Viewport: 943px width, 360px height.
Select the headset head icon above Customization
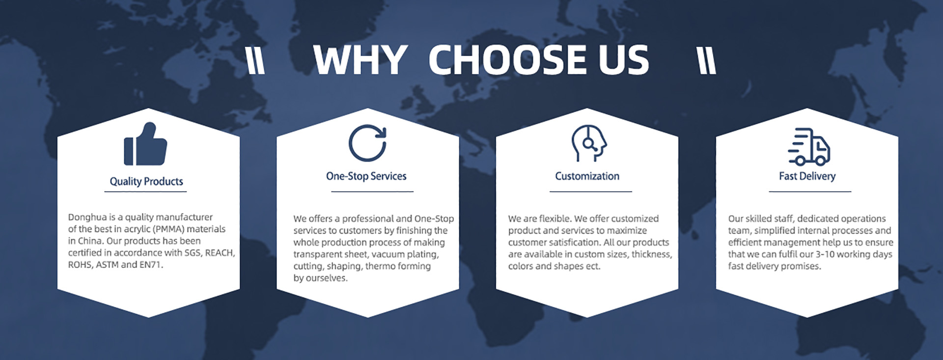(589, 143)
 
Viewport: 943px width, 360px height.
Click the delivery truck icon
(809, 146)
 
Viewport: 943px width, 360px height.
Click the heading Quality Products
(146, 181)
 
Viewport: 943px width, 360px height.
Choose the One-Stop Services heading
(366, 176)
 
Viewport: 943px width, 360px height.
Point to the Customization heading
(587, 176)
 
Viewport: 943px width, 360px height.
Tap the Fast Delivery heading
(807, 176)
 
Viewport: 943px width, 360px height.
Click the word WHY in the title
(360, 60)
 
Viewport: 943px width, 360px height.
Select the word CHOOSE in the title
(508, 60)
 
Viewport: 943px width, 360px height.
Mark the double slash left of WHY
(255, 61)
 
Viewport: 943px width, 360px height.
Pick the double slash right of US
(707, 61)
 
